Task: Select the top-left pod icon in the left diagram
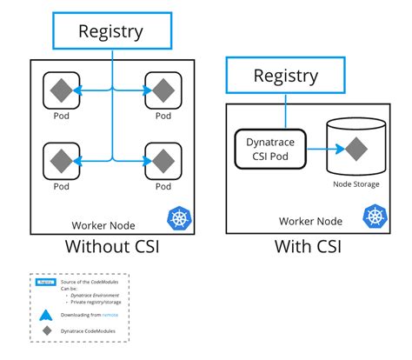[x=60, y=89]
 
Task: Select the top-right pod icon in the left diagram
[x=163, y=89]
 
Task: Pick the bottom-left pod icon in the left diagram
[x=60, y=160]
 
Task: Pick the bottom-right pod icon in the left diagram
[x=163, y=160]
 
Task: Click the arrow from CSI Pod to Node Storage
[x=316, y=148]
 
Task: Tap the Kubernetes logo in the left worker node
[x=179, y=217]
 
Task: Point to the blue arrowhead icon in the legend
[x=45, y=315]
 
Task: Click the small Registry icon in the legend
[x=45, y=283]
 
